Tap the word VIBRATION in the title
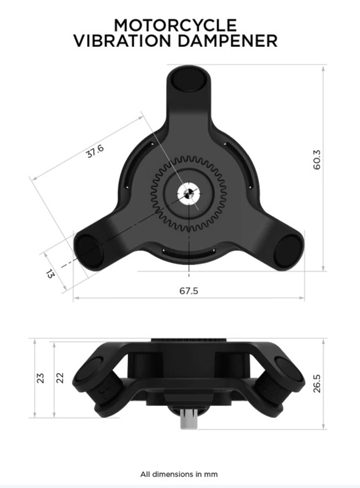122,41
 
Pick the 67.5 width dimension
188,291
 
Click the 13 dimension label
50,273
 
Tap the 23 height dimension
41,378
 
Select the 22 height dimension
60,378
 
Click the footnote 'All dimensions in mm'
178,473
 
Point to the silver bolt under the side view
188,421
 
